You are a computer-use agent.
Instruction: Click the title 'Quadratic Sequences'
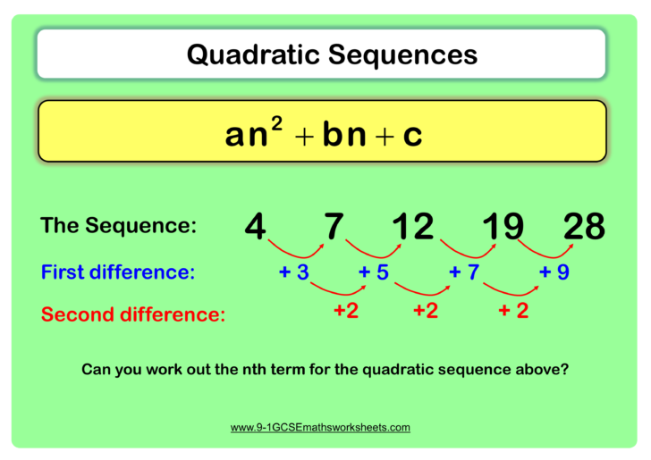(x=332, y=54)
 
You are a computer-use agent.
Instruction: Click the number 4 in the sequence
(x=255, y=227)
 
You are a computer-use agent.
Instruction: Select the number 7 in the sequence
(x=334, y=227)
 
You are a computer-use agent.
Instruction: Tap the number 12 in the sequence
(x=413, y=227)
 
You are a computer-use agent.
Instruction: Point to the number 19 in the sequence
(x=503, y=227)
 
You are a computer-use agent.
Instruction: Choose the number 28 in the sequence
(x=584, y=227)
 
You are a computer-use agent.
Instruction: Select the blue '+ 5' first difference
(x=373, y=272)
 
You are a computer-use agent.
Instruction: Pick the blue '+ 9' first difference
(x=554, y=272)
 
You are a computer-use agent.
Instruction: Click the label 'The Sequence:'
(x=118, y=226)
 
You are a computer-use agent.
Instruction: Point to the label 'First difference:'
(x=117, y=272)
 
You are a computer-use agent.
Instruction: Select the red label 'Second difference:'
(x=133, y=314)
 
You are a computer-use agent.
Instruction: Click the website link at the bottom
(x=320, y=428)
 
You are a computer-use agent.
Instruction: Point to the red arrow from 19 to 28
(x=543, y=249)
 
